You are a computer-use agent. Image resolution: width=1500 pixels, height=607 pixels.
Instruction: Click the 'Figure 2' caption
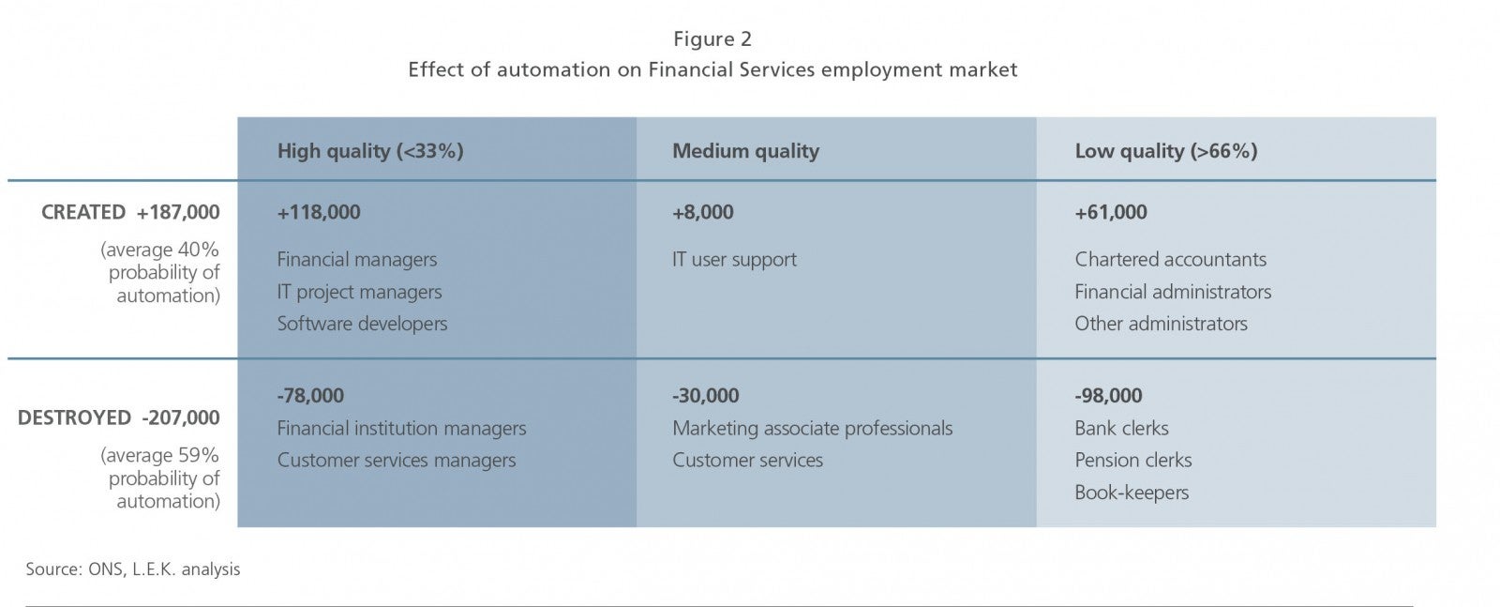pos(712,39)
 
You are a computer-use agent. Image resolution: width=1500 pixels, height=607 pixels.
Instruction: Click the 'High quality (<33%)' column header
pos(370,151)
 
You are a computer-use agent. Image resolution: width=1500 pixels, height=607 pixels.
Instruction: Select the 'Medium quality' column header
pos(745,151)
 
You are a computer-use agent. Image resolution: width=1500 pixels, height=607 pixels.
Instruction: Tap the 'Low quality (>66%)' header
pos(1166,151)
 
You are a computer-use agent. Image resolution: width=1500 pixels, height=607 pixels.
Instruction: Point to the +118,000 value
pos(319,212)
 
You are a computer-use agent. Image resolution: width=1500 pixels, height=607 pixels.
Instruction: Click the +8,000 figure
pos(702,212)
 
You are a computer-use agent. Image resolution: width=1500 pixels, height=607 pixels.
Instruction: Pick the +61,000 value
pos(1110,212)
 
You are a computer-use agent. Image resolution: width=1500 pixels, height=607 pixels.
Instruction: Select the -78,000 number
pos(310,396)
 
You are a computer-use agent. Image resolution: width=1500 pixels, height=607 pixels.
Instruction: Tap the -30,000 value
pos(706,396)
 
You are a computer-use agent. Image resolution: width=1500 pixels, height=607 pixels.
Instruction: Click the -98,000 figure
pos(1108,396)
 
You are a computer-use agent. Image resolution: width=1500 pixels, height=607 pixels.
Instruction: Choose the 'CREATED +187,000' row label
pos(130,212)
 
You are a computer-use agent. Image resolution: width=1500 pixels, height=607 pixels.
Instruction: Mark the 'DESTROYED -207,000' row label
pos(118,418)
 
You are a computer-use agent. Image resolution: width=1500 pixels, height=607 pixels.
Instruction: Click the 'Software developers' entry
pos(362,325)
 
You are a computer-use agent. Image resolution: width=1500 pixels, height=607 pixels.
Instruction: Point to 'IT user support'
pos(735,260)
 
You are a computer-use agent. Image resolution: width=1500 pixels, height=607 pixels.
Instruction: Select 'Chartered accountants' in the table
pos(1171,259)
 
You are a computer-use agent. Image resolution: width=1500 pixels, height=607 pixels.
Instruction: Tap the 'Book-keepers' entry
pos(1132,493)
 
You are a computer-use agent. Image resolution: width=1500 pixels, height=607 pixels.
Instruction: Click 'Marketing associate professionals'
pos(812,429)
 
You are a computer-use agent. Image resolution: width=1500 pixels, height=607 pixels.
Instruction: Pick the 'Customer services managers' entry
pos(397,461)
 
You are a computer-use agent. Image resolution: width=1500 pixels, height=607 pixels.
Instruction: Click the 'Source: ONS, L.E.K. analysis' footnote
pos(132,569)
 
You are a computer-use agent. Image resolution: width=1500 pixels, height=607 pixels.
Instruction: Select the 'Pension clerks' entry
pos(1133,461)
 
